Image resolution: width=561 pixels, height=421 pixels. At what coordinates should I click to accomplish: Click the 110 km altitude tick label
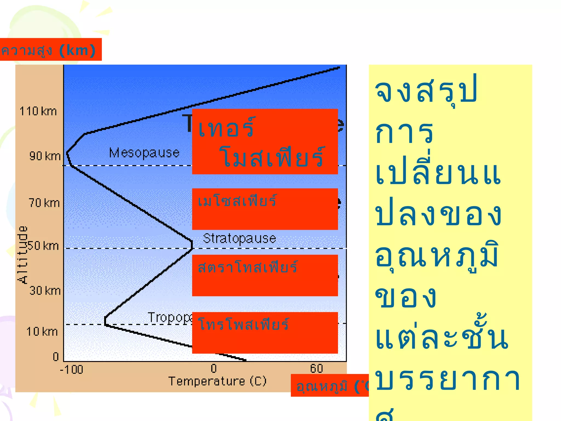38,112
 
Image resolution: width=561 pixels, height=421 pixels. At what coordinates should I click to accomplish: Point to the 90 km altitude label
45,156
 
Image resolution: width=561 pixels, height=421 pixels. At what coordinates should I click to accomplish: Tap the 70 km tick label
44,203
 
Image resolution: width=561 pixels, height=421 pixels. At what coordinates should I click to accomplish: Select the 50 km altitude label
44,246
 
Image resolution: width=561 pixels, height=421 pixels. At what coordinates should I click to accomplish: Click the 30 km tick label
45,291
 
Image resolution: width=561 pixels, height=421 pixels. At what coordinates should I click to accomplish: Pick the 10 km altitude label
42,332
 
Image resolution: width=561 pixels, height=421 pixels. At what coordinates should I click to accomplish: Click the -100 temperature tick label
71,370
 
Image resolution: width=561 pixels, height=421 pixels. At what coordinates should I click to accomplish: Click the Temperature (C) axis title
217,381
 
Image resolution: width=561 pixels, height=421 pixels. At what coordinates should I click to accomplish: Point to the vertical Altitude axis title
23,255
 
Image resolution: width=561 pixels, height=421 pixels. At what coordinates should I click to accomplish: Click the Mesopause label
144,153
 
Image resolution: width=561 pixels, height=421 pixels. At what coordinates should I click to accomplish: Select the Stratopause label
239,238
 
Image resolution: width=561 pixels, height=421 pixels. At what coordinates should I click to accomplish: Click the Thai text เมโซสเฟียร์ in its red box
237,201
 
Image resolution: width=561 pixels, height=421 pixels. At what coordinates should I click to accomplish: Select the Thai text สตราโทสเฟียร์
247,267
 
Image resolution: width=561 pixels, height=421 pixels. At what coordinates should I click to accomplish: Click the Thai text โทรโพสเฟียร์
243,324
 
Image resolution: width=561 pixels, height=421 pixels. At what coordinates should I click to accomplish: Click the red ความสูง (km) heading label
49,50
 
